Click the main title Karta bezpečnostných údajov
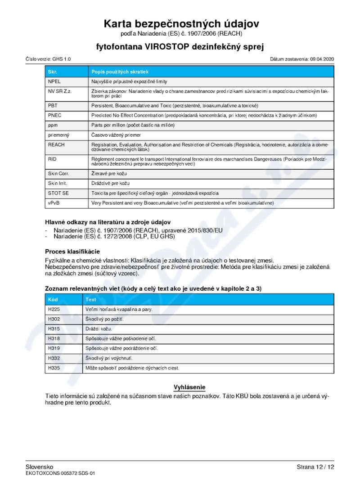[x=181, y=24]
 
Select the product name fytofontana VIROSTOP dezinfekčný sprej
[x=180, y=46]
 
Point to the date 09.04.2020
[x=322, y=59]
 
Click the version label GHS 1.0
[x=62, y=59]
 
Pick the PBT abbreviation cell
[x=52, y=105]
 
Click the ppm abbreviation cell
[x=52, y=125]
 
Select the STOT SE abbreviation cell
[x=57, y=193]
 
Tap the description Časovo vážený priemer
[x=116, y=135]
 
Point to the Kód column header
[x=53, y=299]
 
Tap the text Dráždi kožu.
[x=99, y=329]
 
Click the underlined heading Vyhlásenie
[x=189, y=387]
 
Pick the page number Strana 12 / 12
[x=315, y=467]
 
